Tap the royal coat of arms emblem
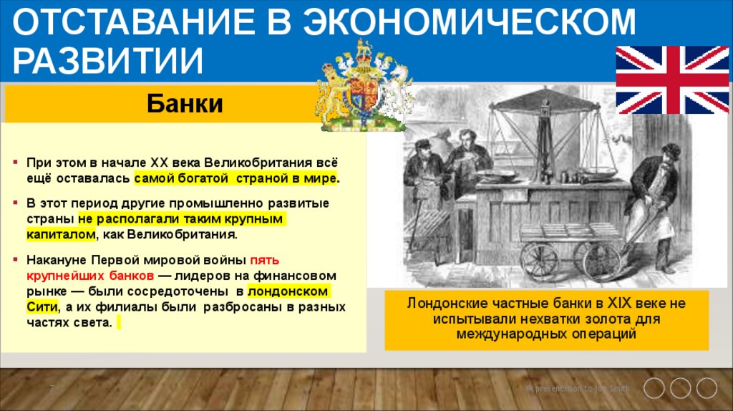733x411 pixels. coord(362,87)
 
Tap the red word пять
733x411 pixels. coord(263,261)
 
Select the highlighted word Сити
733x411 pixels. coord(42,306)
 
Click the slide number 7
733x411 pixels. coord(52,388)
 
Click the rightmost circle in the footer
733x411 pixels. coord(706,389)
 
